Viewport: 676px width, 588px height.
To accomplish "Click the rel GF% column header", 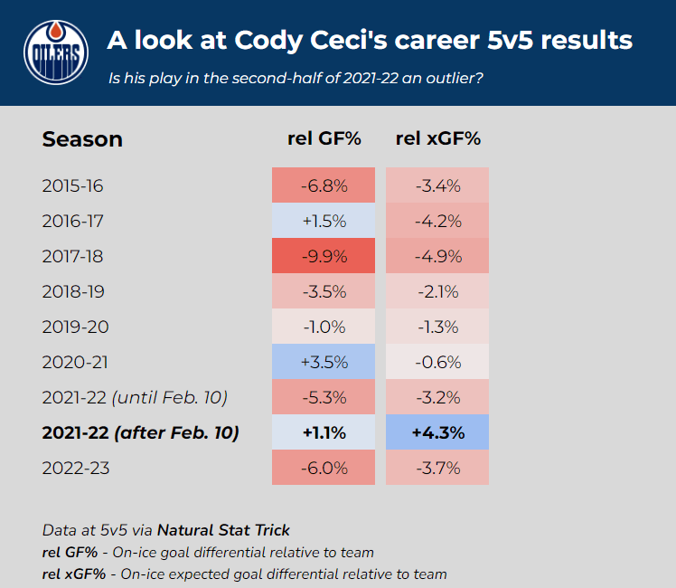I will click(324, 138).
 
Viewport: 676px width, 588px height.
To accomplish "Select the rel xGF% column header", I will click(437, 138).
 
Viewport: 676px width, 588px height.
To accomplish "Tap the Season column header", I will click(82, 139).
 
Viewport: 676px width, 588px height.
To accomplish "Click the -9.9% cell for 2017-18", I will click(324, 256).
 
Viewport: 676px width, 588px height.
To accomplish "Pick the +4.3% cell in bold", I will click(437, 432).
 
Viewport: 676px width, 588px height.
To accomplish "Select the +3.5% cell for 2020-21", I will click(324, 362).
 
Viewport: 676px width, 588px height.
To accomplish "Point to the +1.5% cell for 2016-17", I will click(324, 221).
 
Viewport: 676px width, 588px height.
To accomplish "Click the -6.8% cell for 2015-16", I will click(324, 185).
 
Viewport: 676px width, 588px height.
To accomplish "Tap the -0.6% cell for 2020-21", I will click(437, 362).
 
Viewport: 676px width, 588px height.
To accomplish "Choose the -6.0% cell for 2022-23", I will click(324, 468).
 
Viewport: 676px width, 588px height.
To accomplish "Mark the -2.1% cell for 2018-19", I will click(437, 291).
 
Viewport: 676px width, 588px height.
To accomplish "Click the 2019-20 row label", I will click(73, 327).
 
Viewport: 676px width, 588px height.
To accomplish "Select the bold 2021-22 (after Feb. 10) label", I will click(140, 432).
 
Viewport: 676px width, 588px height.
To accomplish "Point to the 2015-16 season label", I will click(73, 185).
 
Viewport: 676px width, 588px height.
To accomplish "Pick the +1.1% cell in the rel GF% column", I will click(324, 432).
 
